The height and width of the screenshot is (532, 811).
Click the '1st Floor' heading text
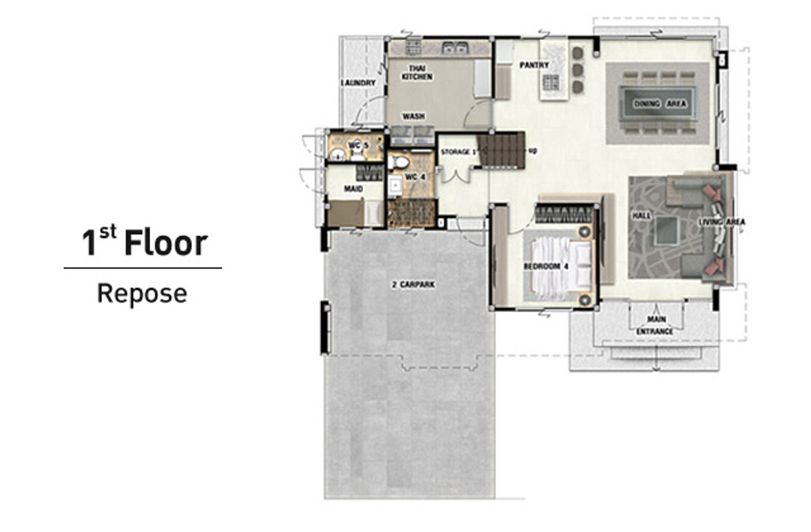click(145, 240)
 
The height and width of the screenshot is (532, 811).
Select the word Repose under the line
click(143, 294)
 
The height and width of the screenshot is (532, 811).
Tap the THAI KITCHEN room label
click(417, 72)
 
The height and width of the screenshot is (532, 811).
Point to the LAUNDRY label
click(358, 83)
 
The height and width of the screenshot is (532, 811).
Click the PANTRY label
click(534, 65)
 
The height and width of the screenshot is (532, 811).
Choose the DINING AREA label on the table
click(660, 104)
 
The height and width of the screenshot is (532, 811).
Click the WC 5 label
click(358, 145)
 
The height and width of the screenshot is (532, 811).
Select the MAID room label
click(353, 188)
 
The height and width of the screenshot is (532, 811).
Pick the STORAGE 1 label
click(458, 152)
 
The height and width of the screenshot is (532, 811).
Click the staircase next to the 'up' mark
click(501, 150)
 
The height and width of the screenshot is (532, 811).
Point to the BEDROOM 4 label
click(546, 267)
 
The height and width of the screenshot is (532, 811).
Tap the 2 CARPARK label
click(413, 285)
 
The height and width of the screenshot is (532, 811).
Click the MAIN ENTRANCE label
click(655, 325)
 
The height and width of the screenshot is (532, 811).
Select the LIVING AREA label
click(722, 221)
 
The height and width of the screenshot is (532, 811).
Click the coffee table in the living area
click(666, 231)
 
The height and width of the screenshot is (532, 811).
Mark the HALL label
click(641, 216)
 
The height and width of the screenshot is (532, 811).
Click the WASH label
click(414, 116)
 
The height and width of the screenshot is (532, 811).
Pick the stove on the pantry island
click(550, 82)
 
